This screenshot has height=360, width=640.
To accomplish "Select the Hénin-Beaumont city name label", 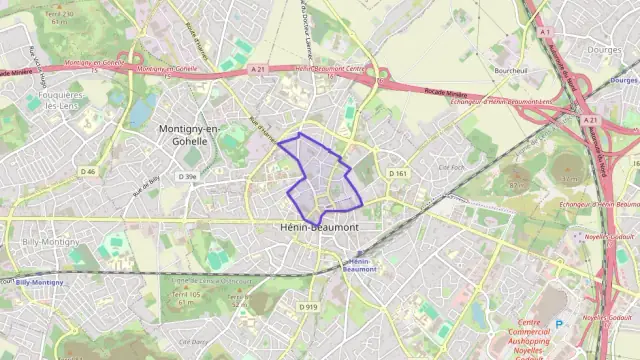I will (315, 228).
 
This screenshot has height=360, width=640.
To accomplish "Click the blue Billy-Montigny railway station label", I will (40, 283).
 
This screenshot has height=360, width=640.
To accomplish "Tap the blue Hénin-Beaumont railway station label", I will (358, 265).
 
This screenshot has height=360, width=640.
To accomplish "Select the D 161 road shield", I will (400, 174).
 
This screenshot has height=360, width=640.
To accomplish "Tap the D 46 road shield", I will (88, 172).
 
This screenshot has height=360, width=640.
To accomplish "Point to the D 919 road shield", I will (308, 307).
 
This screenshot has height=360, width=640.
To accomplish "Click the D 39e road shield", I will (187, 176).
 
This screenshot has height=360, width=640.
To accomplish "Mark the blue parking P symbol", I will (560, 323).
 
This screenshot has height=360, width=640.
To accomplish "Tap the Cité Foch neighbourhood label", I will (453, 167).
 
